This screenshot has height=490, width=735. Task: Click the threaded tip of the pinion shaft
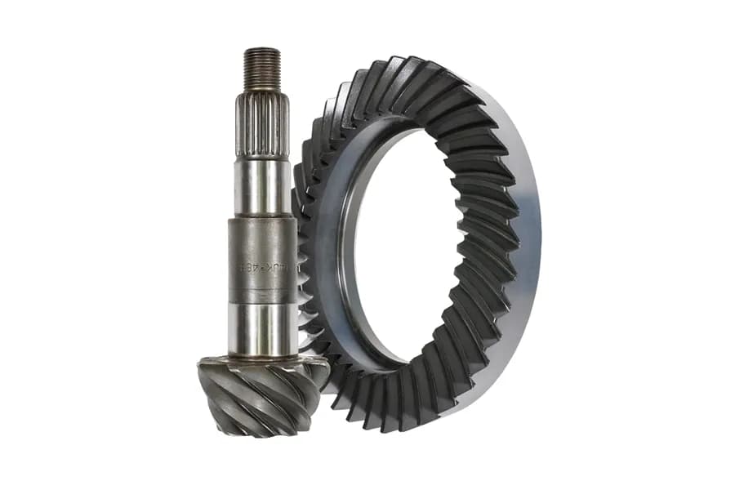tap(261, 69)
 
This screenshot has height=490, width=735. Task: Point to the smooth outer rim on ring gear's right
tap(527, 245)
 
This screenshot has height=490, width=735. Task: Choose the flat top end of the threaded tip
tap(261, 50)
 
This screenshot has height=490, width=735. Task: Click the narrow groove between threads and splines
tap(261, 92)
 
